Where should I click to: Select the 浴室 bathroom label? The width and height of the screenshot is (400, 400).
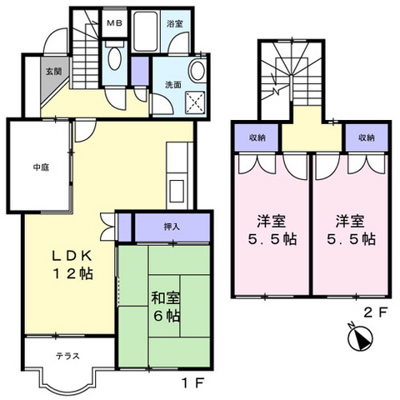[x=175, y=23]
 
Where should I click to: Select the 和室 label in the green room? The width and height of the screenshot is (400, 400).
[x=165, y=297]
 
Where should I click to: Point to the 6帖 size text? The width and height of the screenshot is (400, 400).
[x=165, y=317]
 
